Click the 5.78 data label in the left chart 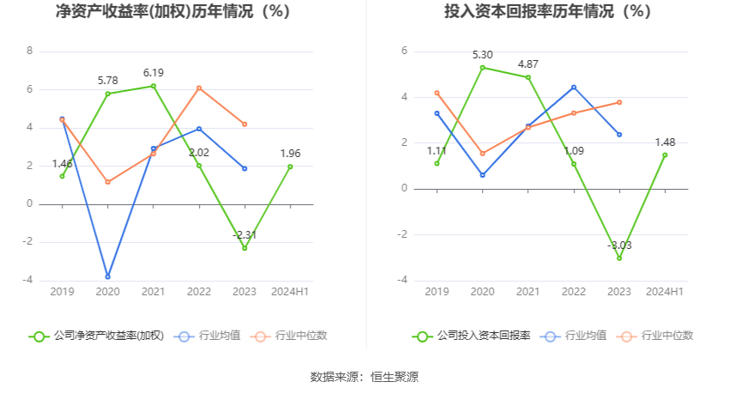pyautogui.click(x=108, y=81)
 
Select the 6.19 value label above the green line pyautogui.click(x=154, y=73)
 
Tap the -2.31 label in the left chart pyautogui.click(x=244, y=234)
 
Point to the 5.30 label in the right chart pyautogui.click(x=482, y=55)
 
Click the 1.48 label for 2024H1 pyautogui.click(x=665, y=142)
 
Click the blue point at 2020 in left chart pyautogui.click(x=108, y=276)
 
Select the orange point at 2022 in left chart pyautogui.click(x=199, y=88)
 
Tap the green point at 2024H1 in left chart pyautogui.click(x=290, y=167)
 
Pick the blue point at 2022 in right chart pyautogui.click(x=574, y=87)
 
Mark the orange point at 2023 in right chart pyautogui.click(x=619, y=102)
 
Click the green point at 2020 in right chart pyautogui.click(x=482, y=67)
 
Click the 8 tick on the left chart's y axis pyautogui.click(x=30, y=52)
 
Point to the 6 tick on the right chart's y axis pyautogui.click(x=404, y=52)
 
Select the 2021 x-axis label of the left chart pyautogui.click(x=154, y=293)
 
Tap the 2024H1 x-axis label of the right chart pyautogui.click(x=665, y=293)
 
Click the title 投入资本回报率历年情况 pyautogui.click(x=547, y=12)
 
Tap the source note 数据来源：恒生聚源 pyautogui.click(x=364, y=377)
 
